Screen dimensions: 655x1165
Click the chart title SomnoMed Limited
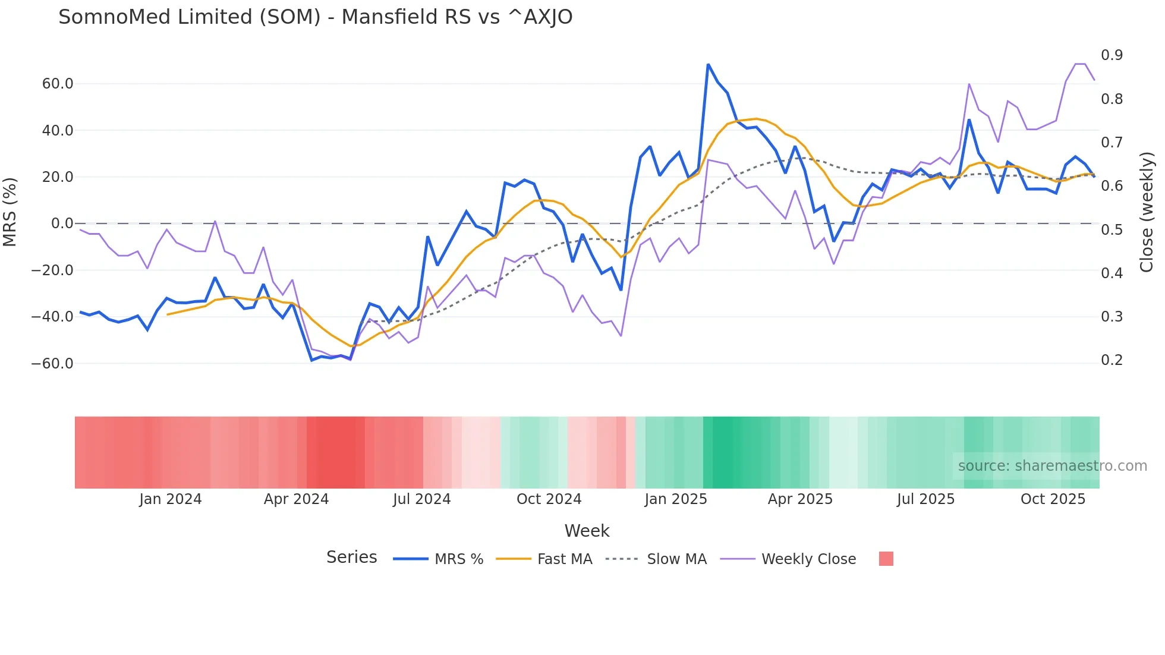point(315,17)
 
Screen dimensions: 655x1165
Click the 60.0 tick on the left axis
point(58,84)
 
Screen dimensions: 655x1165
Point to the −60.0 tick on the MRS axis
point(52,363)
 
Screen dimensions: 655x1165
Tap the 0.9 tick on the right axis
point(1112,55)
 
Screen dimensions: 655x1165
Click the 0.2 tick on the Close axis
point(1112,360)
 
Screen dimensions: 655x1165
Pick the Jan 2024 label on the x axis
point(171,499)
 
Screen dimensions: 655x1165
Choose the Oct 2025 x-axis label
point(1053,499)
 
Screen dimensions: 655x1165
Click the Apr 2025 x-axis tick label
point(800,499)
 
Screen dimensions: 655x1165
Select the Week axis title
point(587,531)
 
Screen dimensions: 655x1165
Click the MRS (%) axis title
point(10,212)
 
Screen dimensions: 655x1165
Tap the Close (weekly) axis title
point(1146,212)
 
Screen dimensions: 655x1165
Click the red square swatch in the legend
point(886,559)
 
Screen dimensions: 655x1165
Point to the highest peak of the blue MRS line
point(708,64)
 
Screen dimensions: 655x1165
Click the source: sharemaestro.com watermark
point(1052,466)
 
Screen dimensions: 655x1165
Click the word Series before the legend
point(351,558)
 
